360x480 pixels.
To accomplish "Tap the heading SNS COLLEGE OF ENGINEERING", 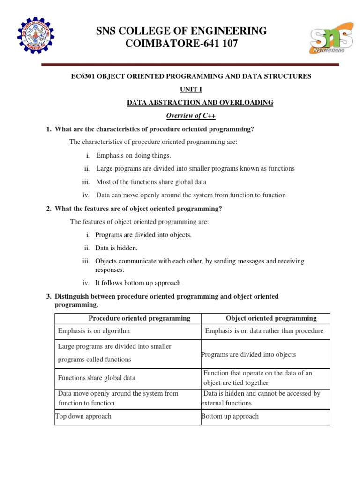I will pyautogui.click(x=181, y=31).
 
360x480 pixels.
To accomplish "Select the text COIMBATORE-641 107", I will pyautogui.click(x=181, y=45).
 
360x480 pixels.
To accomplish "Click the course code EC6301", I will pyautogui.click(x=82, y=76).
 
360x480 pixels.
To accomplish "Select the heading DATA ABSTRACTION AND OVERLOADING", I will pyautogui.click(x=200, y=102).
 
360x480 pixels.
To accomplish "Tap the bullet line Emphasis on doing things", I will pyautogui.click(x=134, y=156).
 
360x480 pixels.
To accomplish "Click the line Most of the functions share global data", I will pyautogui.click(x=151, y=182).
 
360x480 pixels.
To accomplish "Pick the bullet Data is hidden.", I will pyautogui.click(x=116, y=248).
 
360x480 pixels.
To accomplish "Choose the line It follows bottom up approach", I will pyautogui.click(x=138, y=283).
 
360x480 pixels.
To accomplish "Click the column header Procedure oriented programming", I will pyautogui.click(x=140, y=318).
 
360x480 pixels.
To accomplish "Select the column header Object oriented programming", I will pyautogui.click(x=271, y=318).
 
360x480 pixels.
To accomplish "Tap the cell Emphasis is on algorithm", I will pyautogui.click(x=94, y=331).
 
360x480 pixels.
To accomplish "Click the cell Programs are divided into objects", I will pyautogui.click(x=248, y=355).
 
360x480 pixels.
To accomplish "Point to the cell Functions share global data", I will pyautogui.click(x=97, y=378).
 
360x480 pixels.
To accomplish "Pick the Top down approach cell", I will pyautogui.click(x=83, y=416).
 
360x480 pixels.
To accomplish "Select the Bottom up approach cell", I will pyautogui.click(x=230, y=416).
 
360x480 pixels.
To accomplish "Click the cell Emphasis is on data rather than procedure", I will pyautogui.click(x=264, y=331).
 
